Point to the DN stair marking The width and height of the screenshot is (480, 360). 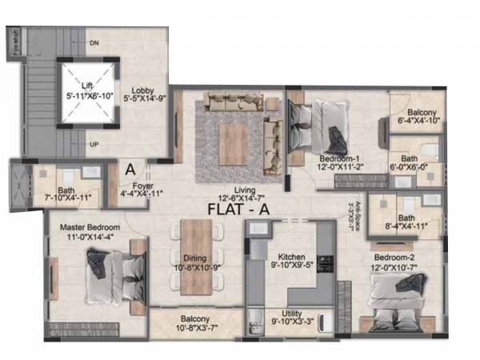click(x=94, y=42)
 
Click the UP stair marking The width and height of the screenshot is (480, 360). click(x=94, y=145)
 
